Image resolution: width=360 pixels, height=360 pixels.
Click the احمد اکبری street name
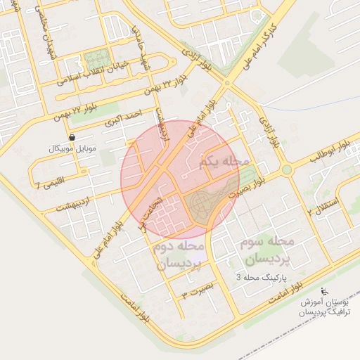click(x=124, y=116)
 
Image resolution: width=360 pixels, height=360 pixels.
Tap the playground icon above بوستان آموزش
click(x=324, y=291)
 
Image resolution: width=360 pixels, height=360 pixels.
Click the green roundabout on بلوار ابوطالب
click(x=287, y=169)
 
